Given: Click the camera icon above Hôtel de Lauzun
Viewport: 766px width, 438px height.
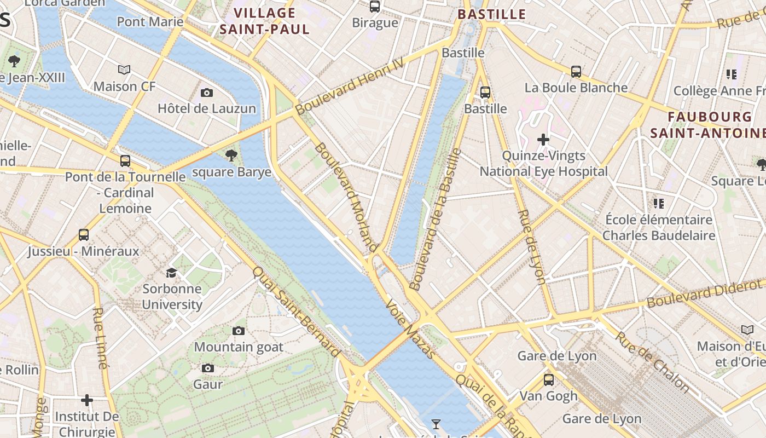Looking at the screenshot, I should click(206, 93).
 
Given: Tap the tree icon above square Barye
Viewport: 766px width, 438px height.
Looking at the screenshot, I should click(231, 155).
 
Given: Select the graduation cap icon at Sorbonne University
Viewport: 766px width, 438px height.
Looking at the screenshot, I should click(172, 273).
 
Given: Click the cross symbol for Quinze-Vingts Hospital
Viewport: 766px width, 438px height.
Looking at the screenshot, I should click(543, 140).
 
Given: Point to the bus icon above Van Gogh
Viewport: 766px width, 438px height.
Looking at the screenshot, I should click(548, 379).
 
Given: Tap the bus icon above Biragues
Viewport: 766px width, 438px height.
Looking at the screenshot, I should click(375, 7).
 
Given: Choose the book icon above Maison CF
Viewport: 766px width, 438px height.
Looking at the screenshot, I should click(124, 70).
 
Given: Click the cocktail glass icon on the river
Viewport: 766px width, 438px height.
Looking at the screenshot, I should click(436, 424).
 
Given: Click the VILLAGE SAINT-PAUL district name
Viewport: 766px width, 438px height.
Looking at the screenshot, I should click(265, 21).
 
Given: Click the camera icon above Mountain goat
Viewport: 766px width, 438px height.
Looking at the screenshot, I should click(239, 331).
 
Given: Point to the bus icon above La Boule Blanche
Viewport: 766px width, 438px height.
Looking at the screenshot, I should click(576, 71).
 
